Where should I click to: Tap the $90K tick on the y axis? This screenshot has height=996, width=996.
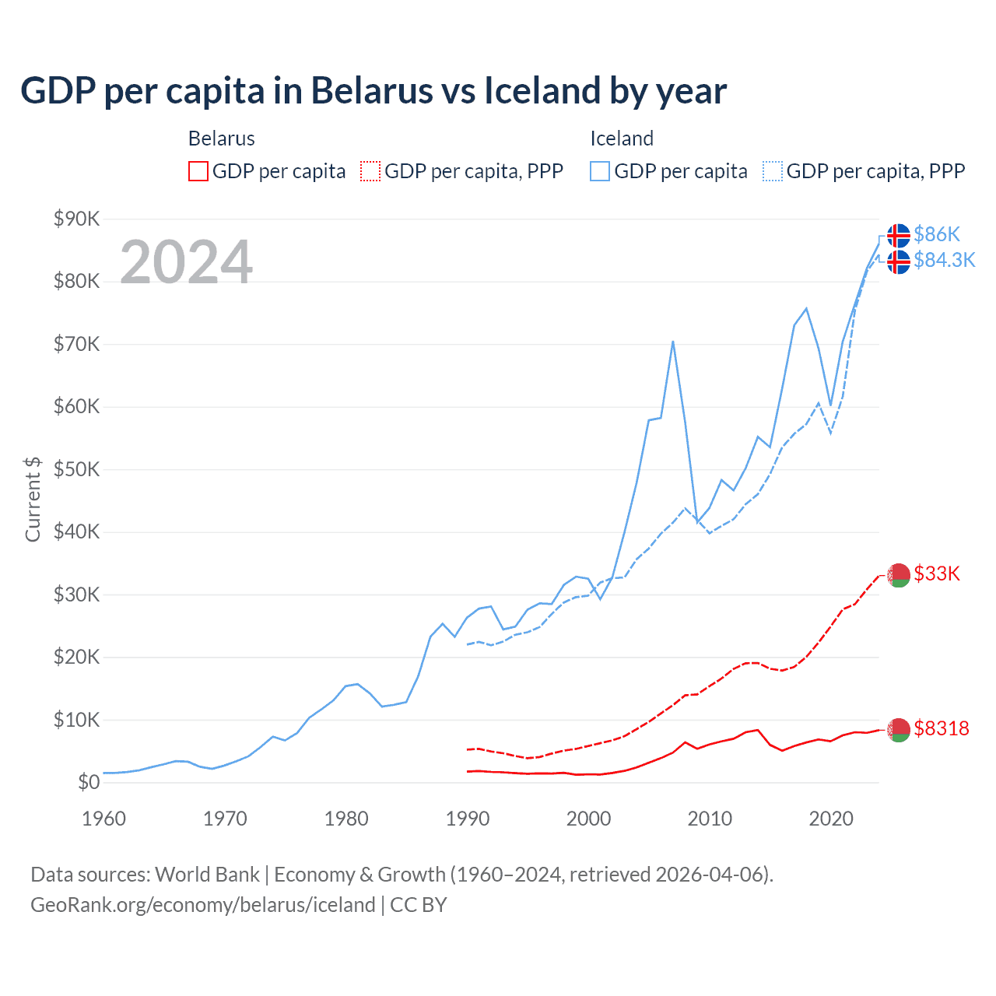point(76,219)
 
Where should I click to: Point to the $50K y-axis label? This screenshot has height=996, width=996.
point(76,470)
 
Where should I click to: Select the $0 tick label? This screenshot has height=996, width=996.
point(88,783)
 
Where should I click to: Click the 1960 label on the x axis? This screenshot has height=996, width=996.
point(103,819)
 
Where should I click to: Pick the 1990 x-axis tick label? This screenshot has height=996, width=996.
point(468,819)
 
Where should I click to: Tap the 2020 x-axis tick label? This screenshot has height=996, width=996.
point(831,819)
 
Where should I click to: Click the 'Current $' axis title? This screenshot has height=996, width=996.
point(33,499)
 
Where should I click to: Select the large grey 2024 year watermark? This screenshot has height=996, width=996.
point(186,262)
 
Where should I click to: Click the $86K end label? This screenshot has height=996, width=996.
point(937,234)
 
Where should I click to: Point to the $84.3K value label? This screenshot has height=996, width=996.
point(944,260)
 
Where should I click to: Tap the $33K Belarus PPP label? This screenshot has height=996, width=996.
point(937,574)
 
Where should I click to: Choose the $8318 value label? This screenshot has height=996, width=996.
point(942,728)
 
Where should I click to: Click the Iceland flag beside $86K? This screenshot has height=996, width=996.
point(899,235)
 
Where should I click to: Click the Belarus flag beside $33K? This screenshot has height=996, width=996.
point(899,575)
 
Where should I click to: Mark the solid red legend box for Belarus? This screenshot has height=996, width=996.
point(198,171)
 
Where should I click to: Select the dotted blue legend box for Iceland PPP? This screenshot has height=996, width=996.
point(773,171)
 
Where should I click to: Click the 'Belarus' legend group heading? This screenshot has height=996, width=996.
point(222,139)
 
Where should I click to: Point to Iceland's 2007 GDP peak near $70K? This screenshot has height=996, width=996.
point(672,342)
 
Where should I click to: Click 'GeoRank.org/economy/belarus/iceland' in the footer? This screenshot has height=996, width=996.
point(203,905)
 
